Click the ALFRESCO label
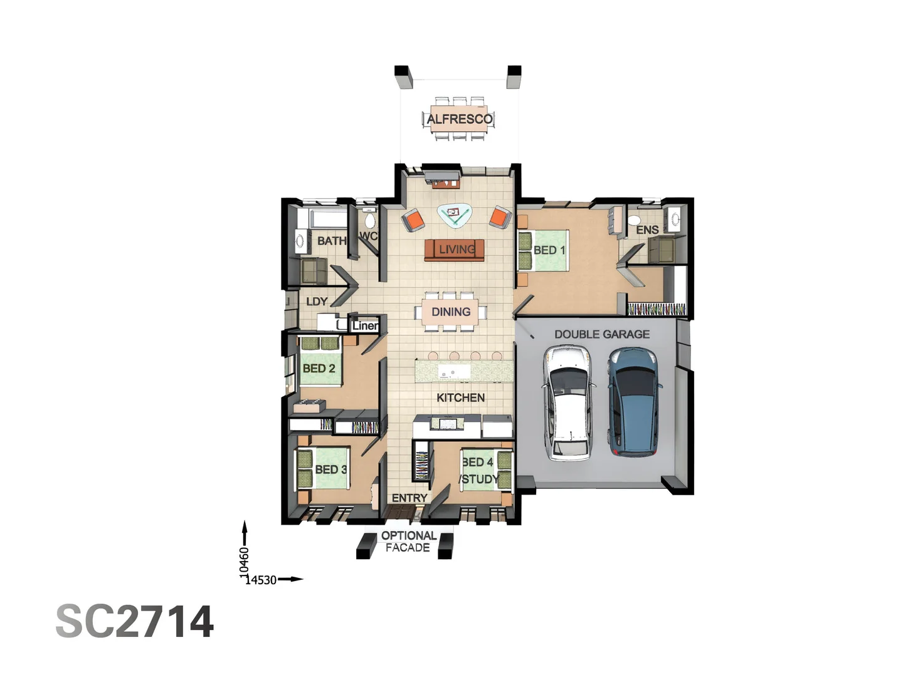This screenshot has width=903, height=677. tap(459, 119)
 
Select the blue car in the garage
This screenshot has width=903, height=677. tap(635, 401)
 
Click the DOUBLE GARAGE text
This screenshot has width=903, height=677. tap(601, 335)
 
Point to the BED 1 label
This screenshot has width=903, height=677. tap(549, 250)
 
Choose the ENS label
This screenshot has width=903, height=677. tap(647, 230)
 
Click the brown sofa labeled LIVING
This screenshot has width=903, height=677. tap(454, 249)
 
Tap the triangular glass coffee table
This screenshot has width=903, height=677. tap(454, 214)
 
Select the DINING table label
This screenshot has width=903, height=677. tap(451, 312)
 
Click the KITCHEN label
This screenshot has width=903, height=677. tap(460, 397)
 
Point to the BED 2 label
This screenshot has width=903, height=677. tap(319, 369)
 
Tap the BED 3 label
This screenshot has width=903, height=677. tap(330, 470)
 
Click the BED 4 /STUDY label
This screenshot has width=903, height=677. tap(479, 471)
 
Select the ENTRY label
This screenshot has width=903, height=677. tap(409, 498)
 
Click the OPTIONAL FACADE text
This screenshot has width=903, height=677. tap(408, 542)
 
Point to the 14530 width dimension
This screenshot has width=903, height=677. tap(261, 580)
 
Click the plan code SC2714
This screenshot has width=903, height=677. tap(135, 622)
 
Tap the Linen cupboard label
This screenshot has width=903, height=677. tap(365, 325)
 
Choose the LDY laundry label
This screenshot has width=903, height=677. tap(317, 302)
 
